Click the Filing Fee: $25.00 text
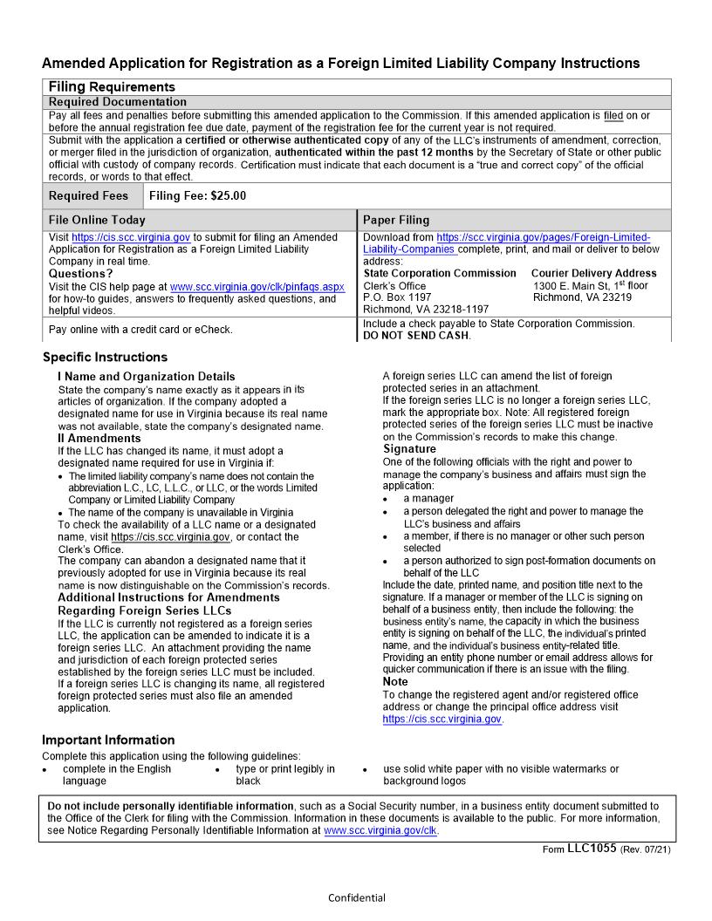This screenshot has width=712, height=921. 198,196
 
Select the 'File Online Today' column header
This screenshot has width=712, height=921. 97,221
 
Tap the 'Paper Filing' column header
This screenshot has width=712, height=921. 396,221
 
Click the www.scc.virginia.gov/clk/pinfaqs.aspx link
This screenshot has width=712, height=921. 257,286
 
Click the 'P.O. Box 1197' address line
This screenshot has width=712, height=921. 397,297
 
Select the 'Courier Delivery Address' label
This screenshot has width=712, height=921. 593,273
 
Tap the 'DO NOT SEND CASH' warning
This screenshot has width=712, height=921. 416,336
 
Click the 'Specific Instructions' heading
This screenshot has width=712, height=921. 105,358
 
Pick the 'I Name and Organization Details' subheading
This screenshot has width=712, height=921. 146,377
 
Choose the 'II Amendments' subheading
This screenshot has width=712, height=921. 99,438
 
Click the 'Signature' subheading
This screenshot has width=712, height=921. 409,449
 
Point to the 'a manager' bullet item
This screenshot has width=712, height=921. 428,499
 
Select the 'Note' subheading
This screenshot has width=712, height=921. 395,681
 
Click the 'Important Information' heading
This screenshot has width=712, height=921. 108,740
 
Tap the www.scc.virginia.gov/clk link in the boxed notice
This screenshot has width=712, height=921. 380,831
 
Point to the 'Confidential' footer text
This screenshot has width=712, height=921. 356,897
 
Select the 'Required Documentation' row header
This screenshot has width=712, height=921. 118,102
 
